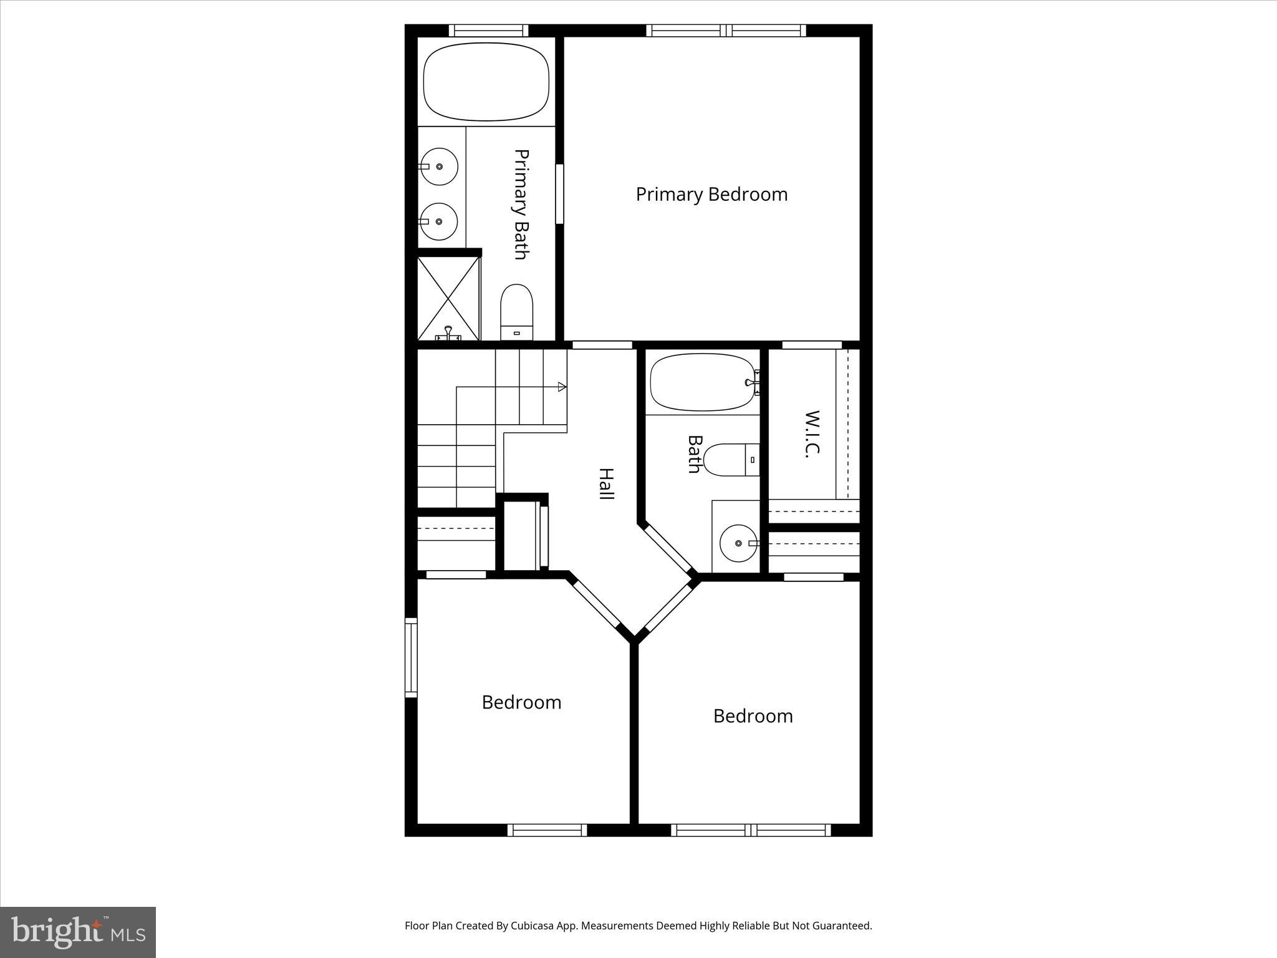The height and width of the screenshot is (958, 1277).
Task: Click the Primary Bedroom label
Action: pyautogui.click(x=711, y=194)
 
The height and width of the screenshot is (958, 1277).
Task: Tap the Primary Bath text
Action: pyautogui.click(x=521, y=204)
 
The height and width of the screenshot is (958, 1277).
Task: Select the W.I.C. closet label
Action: pyautogui.click(x=811, y=434)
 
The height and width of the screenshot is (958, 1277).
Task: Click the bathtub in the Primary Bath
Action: pyautogui.click(x=486, y=82)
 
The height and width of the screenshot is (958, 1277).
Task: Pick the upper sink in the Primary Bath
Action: pyautogui.click(x=439, y=167)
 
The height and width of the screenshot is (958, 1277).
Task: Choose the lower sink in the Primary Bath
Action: pyautogui.click(x=439, y=221)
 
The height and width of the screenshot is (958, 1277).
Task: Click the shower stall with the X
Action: pyautogui.click(x=448, y=297)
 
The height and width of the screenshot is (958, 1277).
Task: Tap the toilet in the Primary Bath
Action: pyautogui.click(x=517, y=312)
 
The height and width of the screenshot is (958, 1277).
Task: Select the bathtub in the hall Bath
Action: pyautogui.click(x=703, y=382)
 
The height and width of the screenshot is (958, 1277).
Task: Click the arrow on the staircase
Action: pyautogui.click(x=562, y=387)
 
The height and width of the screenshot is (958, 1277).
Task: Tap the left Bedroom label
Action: pyautogui.click(x=521, y=702)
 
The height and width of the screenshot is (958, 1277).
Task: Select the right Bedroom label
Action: pyautogui.click(x=753, y=716)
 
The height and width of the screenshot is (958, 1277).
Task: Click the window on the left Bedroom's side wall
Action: pyautogui.click(x=410, y=657)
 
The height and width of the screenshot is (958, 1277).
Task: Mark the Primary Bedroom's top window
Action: pyautogui.click(x=726, y=31)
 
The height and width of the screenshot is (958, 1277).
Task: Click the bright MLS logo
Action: pyautogui.click(x=78, y=932)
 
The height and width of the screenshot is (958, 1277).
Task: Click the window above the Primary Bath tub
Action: pyautogui.click(x=488, y=31)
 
